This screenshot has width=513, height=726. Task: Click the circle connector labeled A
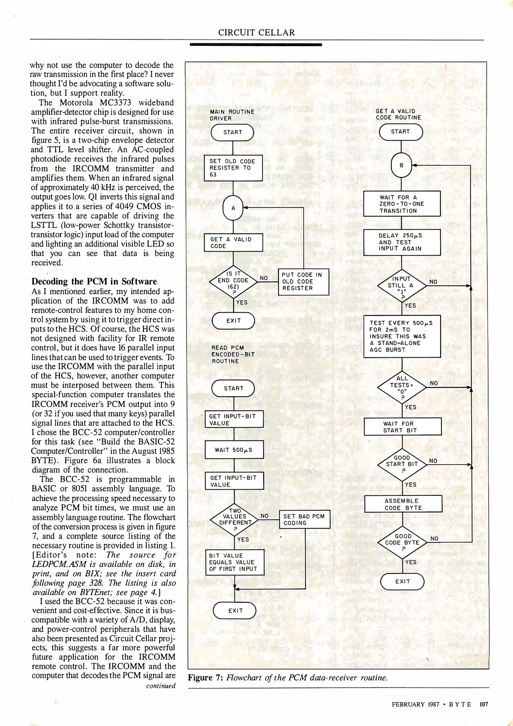(x=233, y=208)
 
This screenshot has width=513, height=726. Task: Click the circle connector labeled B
(x=401, y=165)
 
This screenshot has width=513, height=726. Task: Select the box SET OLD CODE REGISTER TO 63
(x=233, y=168)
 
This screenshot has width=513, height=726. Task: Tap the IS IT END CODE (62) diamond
(x=233, y=282)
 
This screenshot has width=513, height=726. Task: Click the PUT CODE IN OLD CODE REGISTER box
(x=303, y=282)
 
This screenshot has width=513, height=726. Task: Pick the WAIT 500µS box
(x=234, y=450)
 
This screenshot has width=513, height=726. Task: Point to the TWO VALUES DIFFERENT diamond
(x=234, y=520)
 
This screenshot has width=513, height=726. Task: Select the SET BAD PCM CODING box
(x=305, y=519)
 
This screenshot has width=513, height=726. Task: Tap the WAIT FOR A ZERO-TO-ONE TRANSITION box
(x=402, y=204)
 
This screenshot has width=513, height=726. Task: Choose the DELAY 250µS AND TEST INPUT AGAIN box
(x=402, y=242)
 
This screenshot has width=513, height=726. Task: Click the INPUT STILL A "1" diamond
(x=402, y=286)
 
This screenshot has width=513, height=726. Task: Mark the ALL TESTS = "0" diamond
(x=402, y=387)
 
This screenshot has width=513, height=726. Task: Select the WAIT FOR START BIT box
(x=402, y=427)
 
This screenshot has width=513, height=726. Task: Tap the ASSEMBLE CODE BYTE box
(x=403, y=504)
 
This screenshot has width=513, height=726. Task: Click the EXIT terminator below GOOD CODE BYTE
(x=402, y=581)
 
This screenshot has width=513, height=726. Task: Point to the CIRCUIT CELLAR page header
(x=256, y=33)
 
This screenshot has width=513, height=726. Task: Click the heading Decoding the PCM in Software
(x=94, y=281)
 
